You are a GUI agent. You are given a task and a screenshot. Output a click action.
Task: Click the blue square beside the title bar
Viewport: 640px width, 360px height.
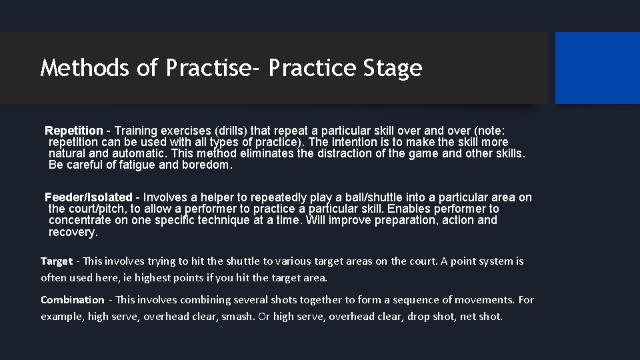[597, 68]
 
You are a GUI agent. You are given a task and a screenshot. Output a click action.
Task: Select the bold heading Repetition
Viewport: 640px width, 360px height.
[74, 131]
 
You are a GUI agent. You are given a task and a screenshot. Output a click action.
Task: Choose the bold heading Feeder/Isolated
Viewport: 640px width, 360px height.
[88, 197]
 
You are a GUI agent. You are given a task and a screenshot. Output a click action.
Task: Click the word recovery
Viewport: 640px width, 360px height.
[73, 232]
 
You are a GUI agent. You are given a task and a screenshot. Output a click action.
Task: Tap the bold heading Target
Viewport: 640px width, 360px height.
[57, 261]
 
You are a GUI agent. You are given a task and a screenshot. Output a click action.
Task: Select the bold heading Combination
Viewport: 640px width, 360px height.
[73, 300]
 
